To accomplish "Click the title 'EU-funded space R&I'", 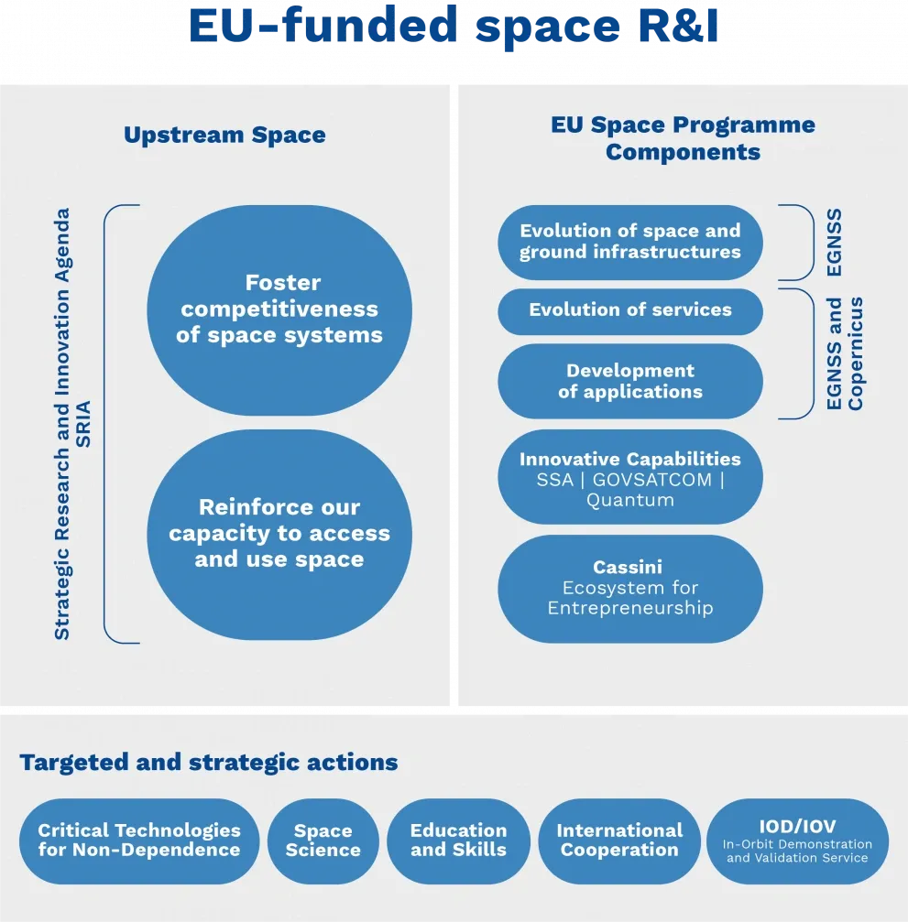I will click(454, 27).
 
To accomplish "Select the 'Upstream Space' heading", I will click(224, 136).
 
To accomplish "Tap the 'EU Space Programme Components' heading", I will click(683, 138).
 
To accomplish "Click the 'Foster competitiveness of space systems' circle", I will click(279, 309).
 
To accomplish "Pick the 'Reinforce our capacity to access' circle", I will click(279, 534).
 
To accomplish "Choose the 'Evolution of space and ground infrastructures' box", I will click(630, 242).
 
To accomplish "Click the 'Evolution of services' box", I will click(630, 310).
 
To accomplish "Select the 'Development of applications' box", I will click(630, 382).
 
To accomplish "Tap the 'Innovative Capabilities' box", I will click(630, 478).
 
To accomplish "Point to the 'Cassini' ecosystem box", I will click(630, 588).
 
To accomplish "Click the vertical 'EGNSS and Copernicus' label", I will click(845, 353).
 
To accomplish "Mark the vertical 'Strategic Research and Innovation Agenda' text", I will click(62, 424).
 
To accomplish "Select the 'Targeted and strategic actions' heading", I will click(209, 763).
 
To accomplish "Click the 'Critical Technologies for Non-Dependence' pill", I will click(139, 841).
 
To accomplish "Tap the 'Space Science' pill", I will click(323, 841).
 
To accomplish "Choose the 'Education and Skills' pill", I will click(458, 841).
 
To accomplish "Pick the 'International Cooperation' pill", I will click(619, 841).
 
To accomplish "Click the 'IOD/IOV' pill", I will click(797, 841).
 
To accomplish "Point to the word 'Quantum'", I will click(630, 501).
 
